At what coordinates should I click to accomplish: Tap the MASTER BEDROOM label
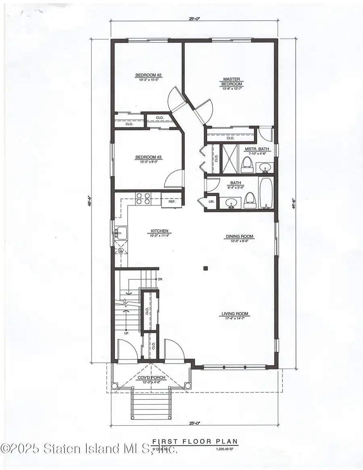[232, 81]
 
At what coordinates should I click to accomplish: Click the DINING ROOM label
[239, 237]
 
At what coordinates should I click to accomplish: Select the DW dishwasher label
[121, 252]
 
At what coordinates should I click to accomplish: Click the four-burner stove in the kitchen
[143, 198]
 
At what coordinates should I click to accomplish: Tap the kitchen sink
[121, 233]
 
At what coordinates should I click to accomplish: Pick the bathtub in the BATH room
[266, 194]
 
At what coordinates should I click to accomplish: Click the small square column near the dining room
[205, 267]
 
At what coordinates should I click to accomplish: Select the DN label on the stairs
[160, 279]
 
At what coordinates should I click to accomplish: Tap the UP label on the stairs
[126, 333]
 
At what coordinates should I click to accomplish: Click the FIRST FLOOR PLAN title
[195, 442]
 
